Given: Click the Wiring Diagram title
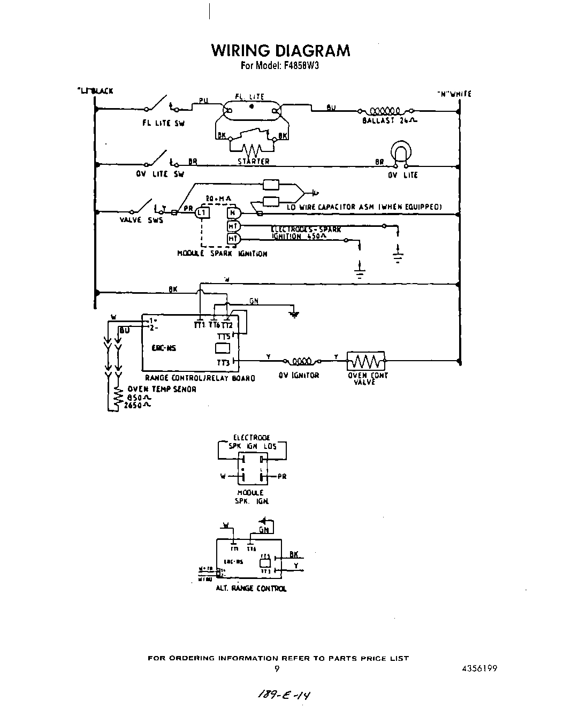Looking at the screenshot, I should [280, 50].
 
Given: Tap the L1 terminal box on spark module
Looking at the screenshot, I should [202, 213].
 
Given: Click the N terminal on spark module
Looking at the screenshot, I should [232, 213].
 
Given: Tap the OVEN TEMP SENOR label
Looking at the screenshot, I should [162, 389].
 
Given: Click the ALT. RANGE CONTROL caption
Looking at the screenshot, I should [251, 589].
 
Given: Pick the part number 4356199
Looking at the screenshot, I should [481, 668].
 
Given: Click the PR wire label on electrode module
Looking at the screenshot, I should [281, 476].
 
